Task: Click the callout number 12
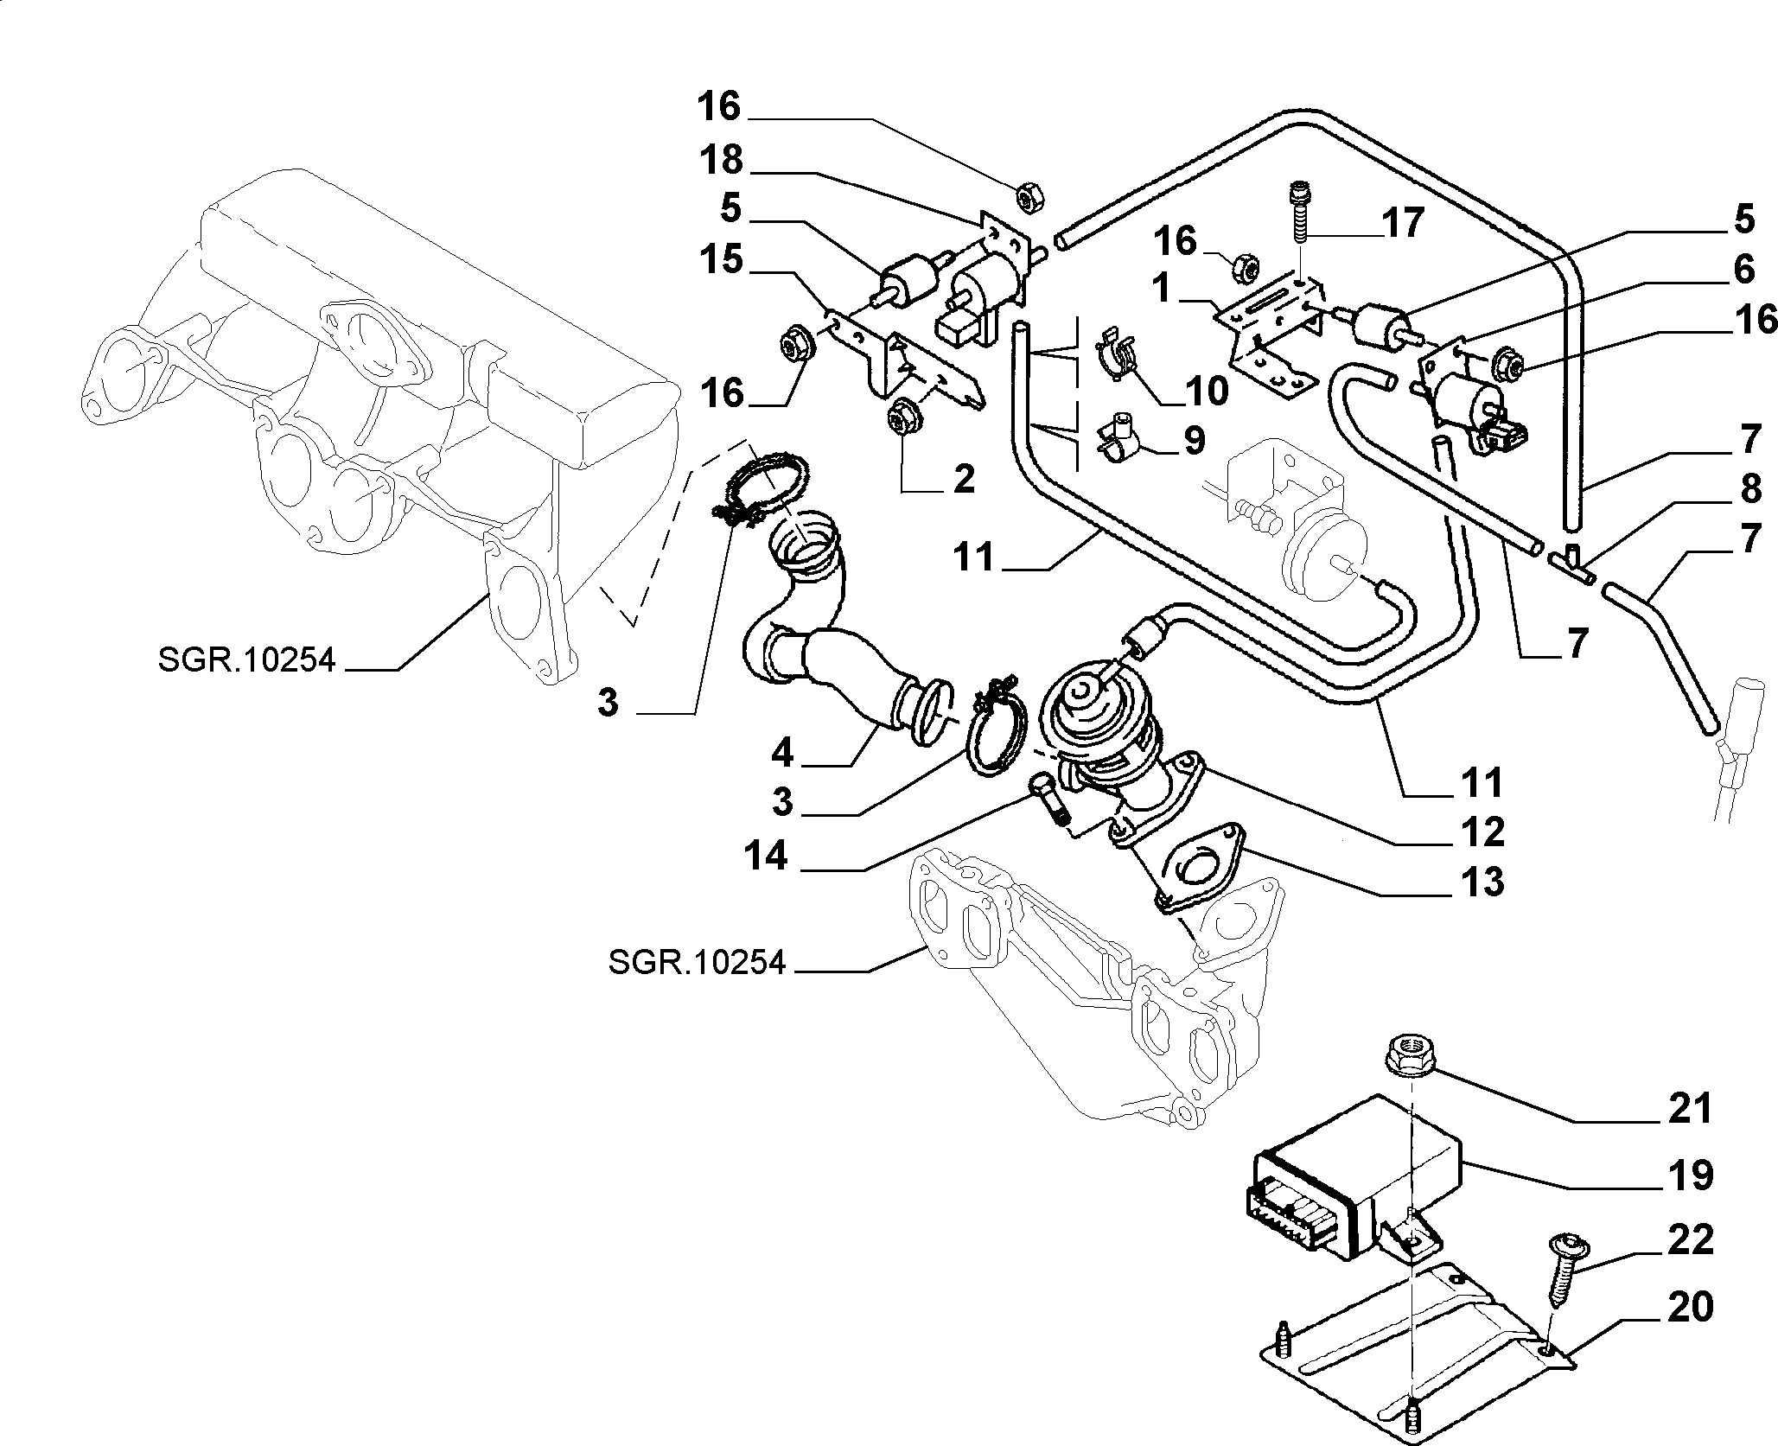(x=1482, y=831)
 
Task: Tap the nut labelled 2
(x=904, y=417)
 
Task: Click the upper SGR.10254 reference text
(x=245, y=660)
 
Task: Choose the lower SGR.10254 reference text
(x=697, y=962)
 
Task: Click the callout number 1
(x=1163, y=289)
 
